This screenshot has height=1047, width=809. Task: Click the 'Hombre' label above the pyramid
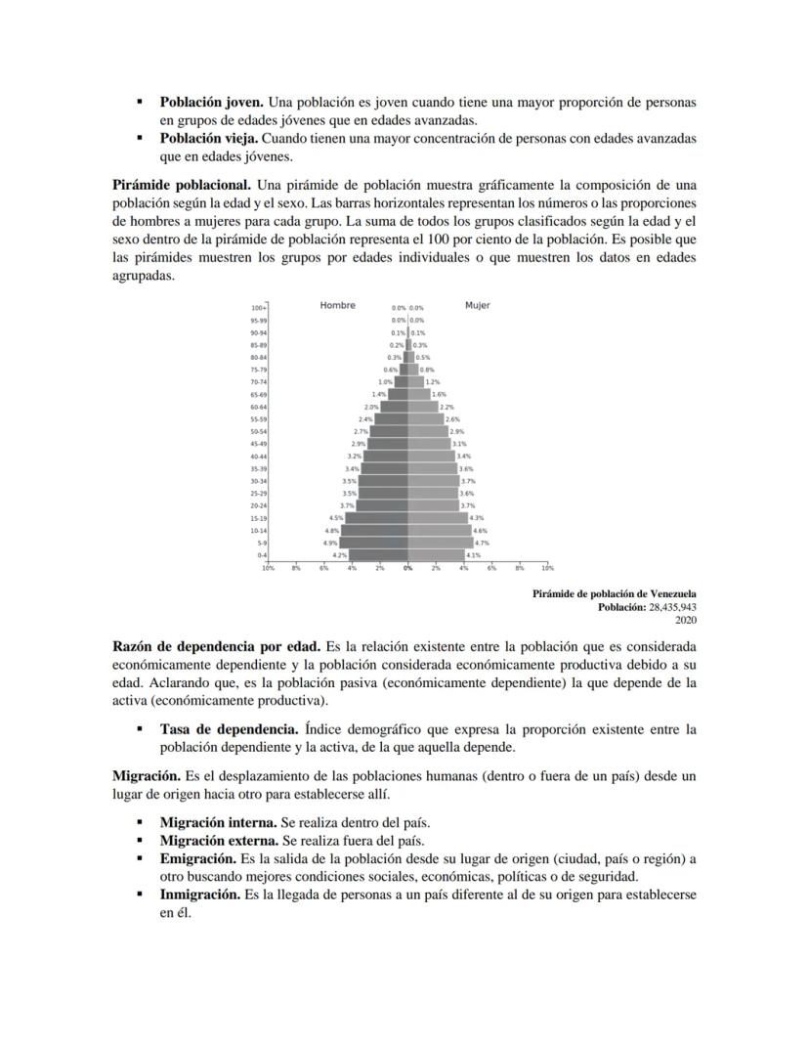point(337,306)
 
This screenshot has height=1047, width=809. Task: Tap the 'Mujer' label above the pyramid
point(477,306)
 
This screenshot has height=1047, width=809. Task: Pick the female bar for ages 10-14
point(439,530)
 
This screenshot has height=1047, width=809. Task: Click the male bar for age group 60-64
point(394,407)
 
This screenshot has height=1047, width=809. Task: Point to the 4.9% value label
point(330,543)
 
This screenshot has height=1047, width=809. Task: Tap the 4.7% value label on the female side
point(481,543)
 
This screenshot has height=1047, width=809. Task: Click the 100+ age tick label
point(258,308)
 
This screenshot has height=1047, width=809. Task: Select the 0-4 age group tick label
point(261,554)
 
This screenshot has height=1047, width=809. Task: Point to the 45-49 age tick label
point(258,444)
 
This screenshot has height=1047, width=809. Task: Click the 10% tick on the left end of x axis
point(267,567)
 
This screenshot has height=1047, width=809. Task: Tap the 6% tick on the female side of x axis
point(491,567)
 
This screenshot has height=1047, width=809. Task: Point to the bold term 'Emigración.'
point(198,858)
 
